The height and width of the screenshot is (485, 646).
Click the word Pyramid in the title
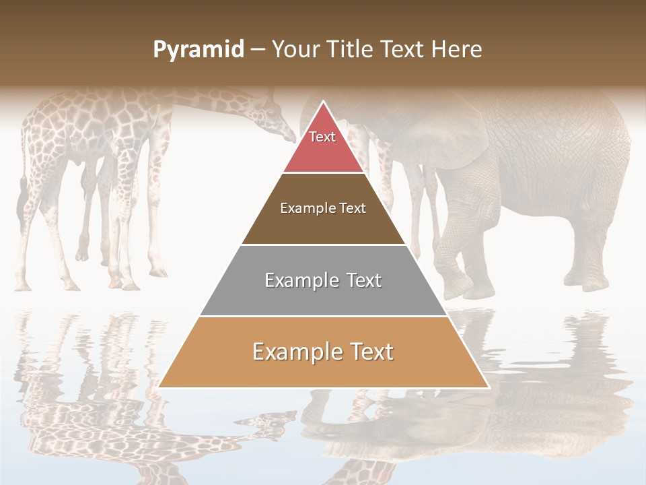(x=199, y=50)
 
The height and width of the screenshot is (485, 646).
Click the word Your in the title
(x=295, y=50)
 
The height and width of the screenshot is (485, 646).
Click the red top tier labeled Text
(x=323, y=145)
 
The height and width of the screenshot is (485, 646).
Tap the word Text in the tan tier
(x=369, y=352)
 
